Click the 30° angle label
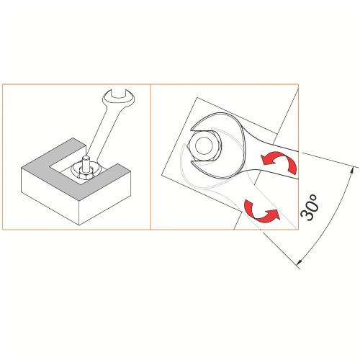(310, 207)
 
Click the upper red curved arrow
(281, 161)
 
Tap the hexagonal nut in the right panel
(204, 145)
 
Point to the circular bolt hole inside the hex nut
(204, 145)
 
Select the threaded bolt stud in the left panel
(85, 163)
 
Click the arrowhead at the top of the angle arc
(352, 169)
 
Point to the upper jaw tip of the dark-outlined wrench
(192, 130)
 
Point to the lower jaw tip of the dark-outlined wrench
(193, 163)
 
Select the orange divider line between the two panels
(150, 157)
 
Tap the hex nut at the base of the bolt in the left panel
(84, 174)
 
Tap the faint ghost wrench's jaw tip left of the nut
(184, 145)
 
